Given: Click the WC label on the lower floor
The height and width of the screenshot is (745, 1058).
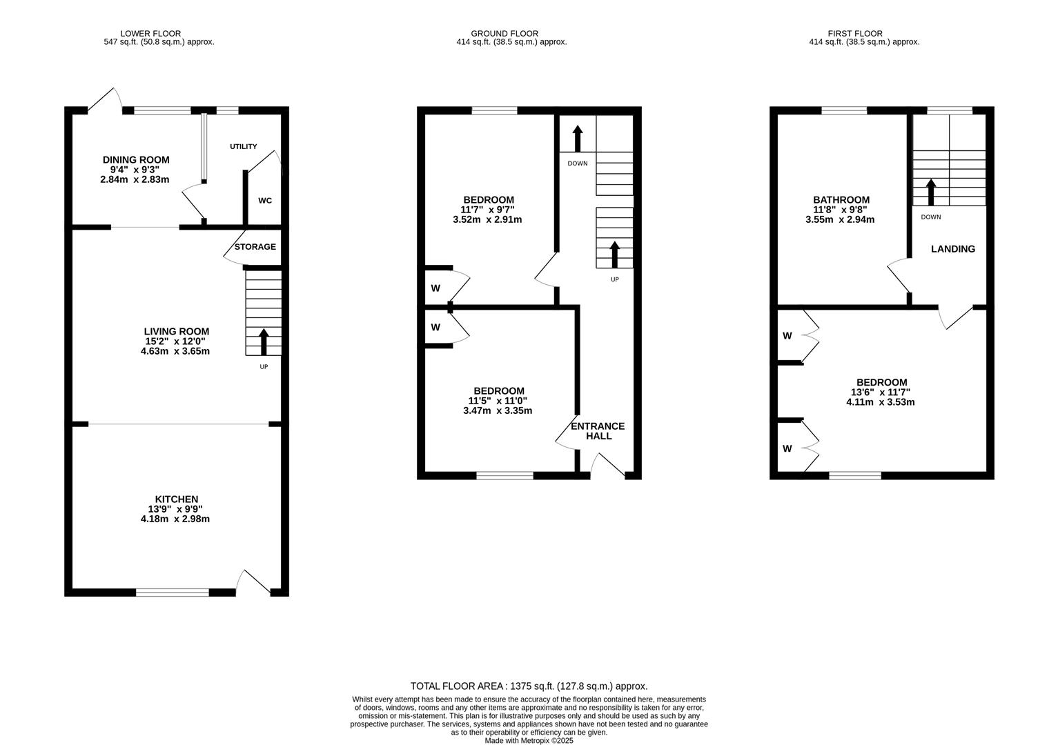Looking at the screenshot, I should tap(265, 201).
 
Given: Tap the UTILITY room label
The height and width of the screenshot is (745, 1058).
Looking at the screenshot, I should tap(244, 146).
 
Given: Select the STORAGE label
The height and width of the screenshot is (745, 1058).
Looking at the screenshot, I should tap(255, 247).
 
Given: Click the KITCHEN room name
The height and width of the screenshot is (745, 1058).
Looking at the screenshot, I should tap(177, 499).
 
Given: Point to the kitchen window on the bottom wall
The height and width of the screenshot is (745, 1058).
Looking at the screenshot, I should tap(173, 592).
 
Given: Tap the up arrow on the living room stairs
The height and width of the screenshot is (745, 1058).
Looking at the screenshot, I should tap(264, 341).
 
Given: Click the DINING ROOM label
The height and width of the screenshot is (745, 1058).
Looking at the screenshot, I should tap(136, 159).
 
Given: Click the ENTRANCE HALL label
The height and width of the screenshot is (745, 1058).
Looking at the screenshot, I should tap(598, 431).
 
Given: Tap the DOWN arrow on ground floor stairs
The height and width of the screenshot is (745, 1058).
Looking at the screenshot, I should tap(578, 139).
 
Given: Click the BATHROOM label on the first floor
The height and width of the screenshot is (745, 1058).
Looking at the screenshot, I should tap(841, 200).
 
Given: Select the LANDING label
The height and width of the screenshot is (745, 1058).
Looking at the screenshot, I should tap(953, 249).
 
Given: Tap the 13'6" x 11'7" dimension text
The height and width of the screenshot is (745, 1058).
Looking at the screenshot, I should tap(881, 393).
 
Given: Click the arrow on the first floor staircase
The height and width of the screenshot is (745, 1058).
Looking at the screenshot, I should tap(931, 192).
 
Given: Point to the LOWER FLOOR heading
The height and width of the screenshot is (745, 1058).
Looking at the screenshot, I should tap(150, 33).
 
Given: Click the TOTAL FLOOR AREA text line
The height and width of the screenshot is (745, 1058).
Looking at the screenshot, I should tap(529, 686).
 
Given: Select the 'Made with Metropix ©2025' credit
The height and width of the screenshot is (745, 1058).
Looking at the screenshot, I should tap(529, 740).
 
